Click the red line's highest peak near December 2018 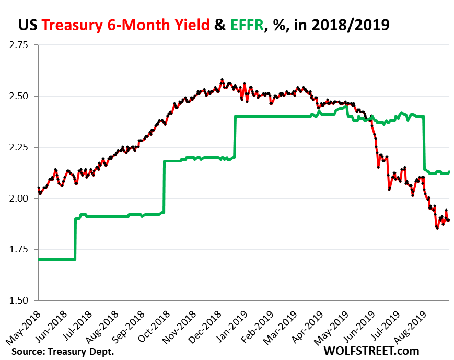click(222, 80)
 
